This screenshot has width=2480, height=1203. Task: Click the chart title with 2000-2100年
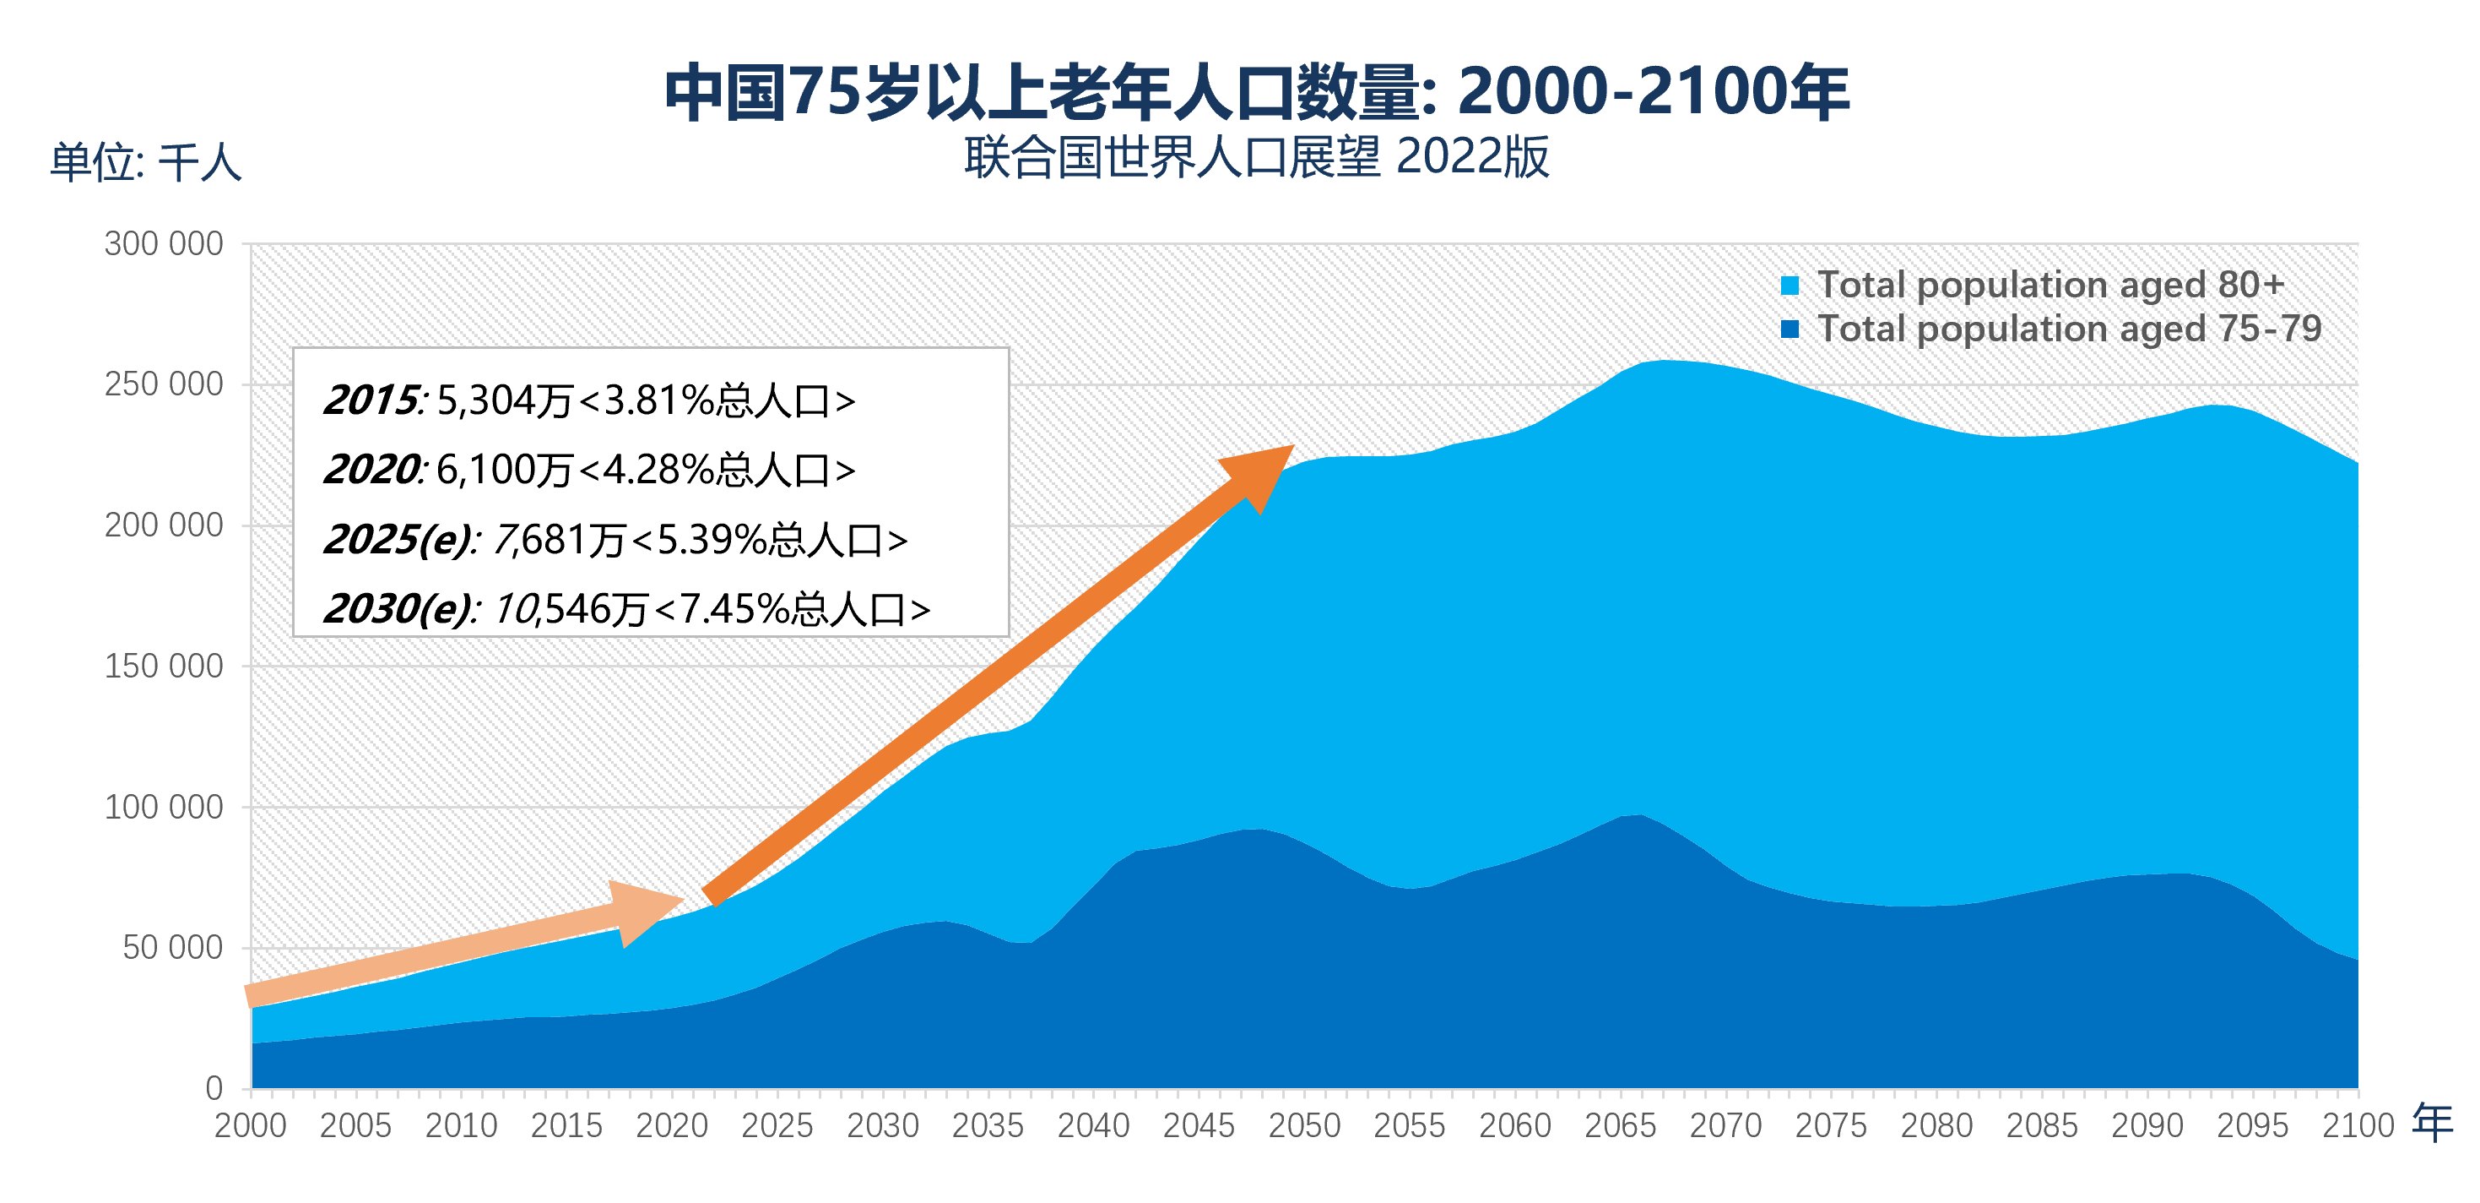coord(1256,94)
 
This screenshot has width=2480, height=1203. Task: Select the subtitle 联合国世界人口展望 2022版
coord(1256,157)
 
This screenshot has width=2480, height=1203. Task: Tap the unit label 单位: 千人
coord(145,162)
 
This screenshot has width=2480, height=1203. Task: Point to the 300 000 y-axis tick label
coord(164,243)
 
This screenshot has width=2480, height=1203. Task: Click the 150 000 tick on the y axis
coord(164,666)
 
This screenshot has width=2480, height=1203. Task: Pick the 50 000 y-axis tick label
coord(172,948)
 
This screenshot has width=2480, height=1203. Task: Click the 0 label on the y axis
coord(214,1088)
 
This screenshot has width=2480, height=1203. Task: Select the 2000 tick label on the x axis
coord(251,1125)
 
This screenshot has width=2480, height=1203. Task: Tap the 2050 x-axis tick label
coord(1303,1125)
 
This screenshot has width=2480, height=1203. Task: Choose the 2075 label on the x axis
coord(1830,1125)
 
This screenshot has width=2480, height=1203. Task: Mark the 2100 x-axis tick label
coord(2357,1125)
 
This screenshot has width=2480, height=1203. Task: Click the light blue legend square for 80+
coord(1790,285)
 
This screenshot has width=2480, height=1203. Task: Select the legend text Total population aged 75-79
coord(2069,329)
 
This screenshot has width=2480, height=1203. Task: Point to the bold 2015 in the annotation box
coord(371,400)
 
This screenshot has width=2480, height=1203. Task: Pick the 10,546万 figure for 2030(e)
coord(570,609)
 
